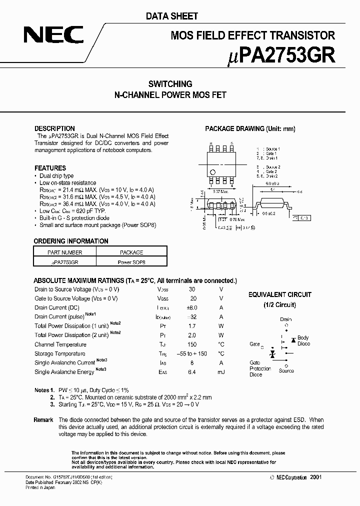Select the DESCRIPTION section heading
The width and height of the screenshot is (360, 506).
tap(54, 128)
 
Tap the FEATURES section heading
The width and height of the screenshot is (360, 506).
tap(50, 168)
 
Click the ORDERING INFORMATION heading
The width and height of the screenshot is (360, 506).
tap(71, 241)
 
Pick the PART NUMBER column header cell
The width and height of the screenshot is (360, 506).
tap(65, 252)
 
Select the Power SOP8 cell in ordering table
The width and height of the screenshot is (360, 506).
tap(131, 261)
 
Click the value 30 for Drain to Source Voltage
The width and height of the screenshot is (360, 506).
tap(192, 289)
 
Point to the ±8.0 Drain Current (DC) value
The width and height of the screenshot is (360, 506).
tap(192, 307)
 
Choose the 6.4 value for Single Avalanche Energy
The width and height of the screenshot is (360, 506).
tap(192, 372)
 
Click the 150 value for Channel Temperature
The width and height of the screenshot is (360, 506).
tap(192, 344)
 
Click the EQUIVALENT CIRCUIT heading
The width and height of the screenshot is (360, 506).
tap(279, 294)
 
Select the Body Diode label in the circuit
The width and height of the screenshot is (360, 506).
tap(303, 341)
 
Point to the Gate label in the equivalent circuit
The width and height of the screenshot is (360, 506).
tap(254, 344)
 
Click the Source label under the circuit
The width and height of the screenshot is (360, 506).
tap(286, 371)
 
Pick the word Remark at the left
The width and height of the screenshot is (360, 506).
tap(43, 420)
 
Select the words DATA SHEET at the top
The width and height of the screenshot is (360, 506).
tap(172, 16)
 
